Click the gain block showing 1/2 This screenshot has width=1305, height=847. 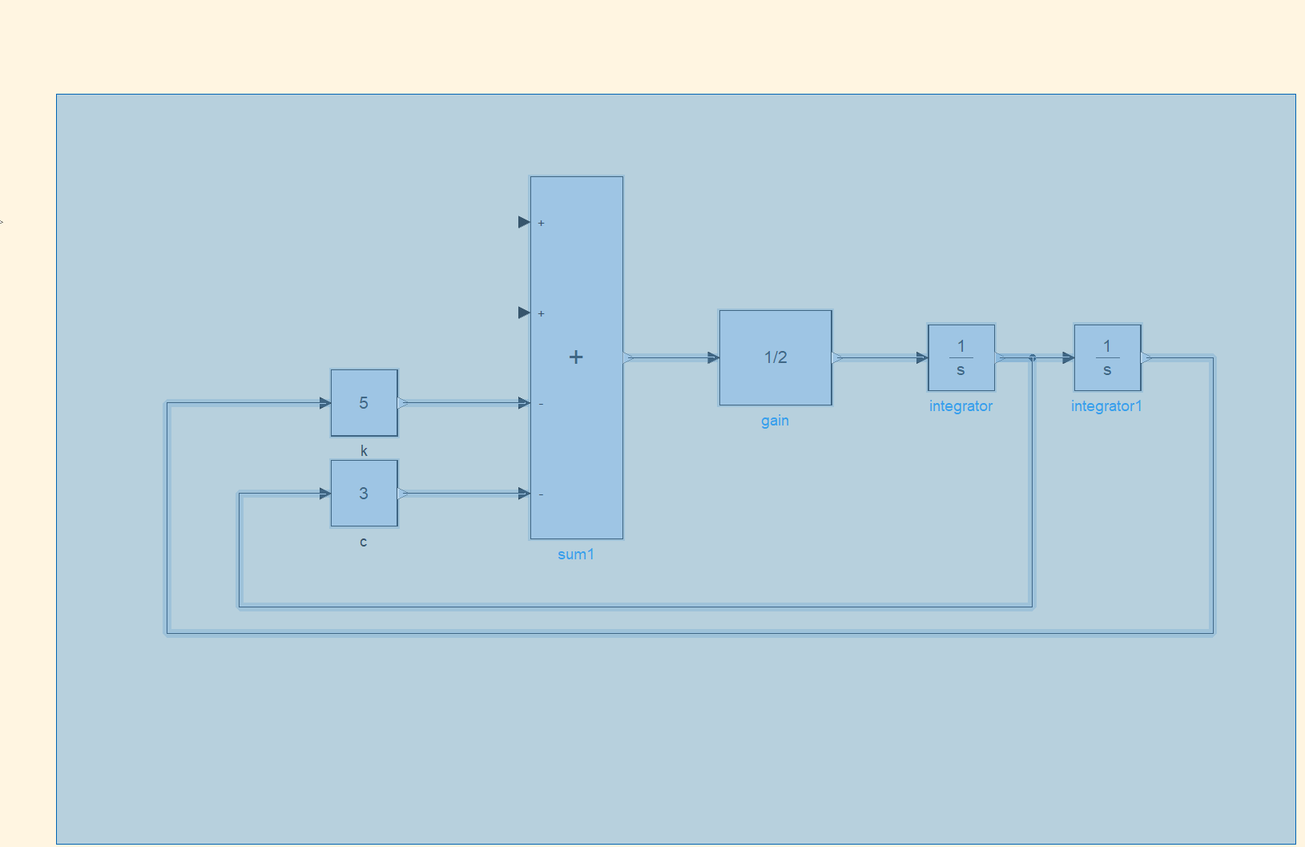pyautogui.click(x=775, y=357)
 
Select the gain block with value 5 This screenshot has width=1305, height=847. pyautogui.click(x=365, y=402)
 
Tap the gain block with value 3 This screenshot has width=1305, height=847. pyautogui.click(x=365, y=493)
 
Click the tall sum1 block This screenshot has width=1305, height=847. pyautogui.click(x=576, y=357)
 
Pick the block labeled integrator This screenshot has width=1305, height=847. pyautogui.click(x=961, y=357)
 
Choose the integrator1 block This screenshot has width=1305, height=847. pyautogui.click(x=1107, y=357)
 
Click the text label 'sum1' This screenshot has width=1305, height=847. pyautogui.click(x=576, y=554)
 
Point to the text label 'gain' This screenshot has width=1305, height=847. pyautogui.click(x=775, y=420)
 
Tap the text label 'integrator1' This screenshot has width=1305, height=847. pyautogui.click(x=1106, y=405)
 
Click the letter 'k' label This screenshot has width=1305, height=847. pyautogui.click(x=364, y=450)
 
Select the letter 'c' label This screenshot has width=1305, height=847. pyautogui.click(x=363, y=542)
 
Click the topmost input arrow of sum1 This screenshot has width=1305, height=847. pyautogui.click(x=524, y=222)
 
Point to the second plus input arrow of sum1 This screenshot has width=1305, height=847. pyautogui.click(x=524, y=313)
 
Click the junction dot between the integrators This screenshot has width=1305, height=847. pyautogui.click(x=1033, y=357)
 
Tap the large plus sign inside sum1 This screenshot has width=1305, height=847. pyautogui.click(x=576, y=357)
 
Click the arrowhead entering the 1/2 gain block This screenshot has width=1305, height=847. pyautogui.click(x=714, y=357)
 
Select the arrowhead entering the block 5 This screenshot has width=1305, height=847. pyautogui.click(x=325, y=403)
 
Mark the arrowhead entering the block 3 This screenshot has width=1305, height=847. pyautogui.click(x=325, y=494)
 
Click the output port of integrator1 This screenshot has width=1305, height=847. pyautogui.click(x=1146, y=357)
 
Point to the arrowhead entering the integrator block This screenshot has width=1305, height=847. pyautogui.click(x=922, y=357)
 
